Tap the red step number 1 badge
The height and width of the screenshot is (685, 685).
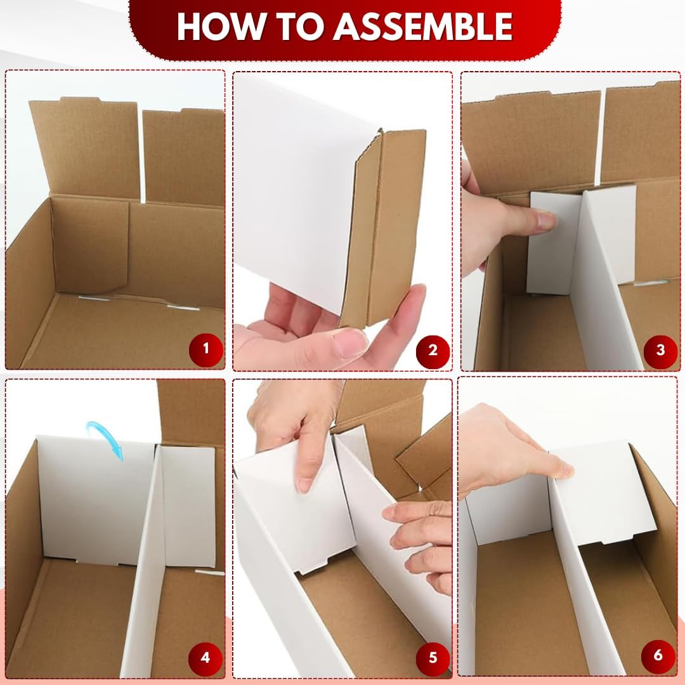206,349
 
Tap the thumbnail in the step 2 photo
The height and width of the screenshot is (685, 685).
348,342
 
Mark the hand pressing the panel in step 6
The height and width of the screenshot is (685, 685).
511,450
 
